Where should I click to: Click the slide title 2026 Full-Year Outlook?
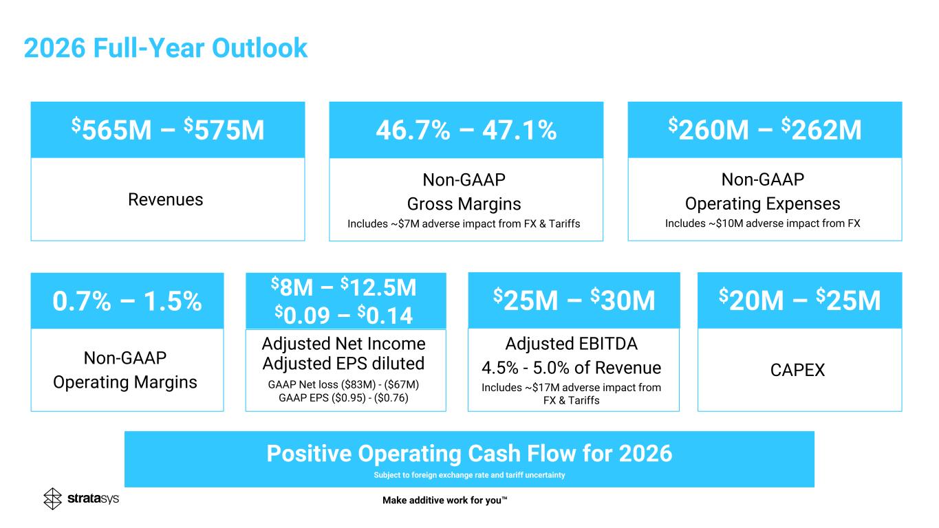pos(165,48)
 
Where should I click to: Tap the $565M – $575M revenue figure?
pos(168,130)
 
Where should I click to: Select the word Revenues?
pos(166,199)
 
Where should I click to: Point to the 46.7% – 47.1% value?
pos(466,130)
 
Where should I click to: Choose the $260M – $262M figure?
pos(764,130)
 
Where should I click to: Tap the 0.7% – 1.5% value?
pos(127,301)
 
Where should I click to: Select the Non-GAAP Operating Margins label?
pos(125,370)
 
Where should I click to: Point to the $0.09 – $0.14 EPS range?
pos(344,315)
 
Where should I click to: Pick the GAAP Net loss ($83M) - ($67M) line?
pos(343,384)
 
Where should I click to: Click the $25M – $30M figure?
pos(574,300)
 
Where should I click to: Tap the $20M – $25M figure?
pos(799,300)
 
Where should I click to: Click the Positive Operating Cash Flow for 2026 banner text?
pos(469,454)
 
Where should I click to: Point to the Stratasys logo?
pos(81,498)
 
